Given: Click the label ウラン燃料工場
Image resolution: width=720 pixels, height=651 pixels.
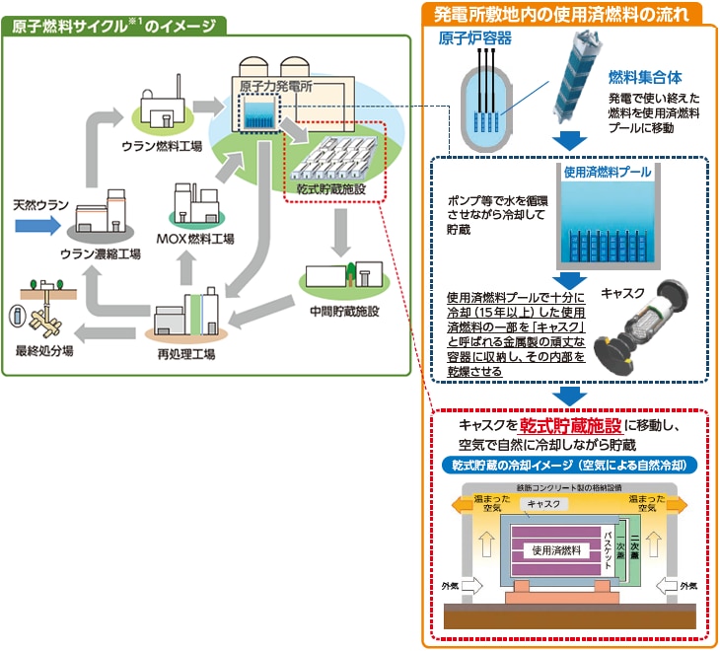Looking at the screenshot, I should [162, 145].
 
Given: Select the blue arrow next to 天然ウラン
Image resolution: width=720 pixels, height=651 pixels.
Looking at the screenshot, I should [48, 226].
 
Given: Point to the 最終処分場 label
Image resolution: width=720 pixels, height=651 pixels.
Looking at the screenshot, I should [41, 351].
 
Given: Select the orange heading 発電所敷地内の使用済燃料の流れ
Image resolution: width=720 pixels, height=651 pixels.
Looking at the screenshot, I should [568, 13].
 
